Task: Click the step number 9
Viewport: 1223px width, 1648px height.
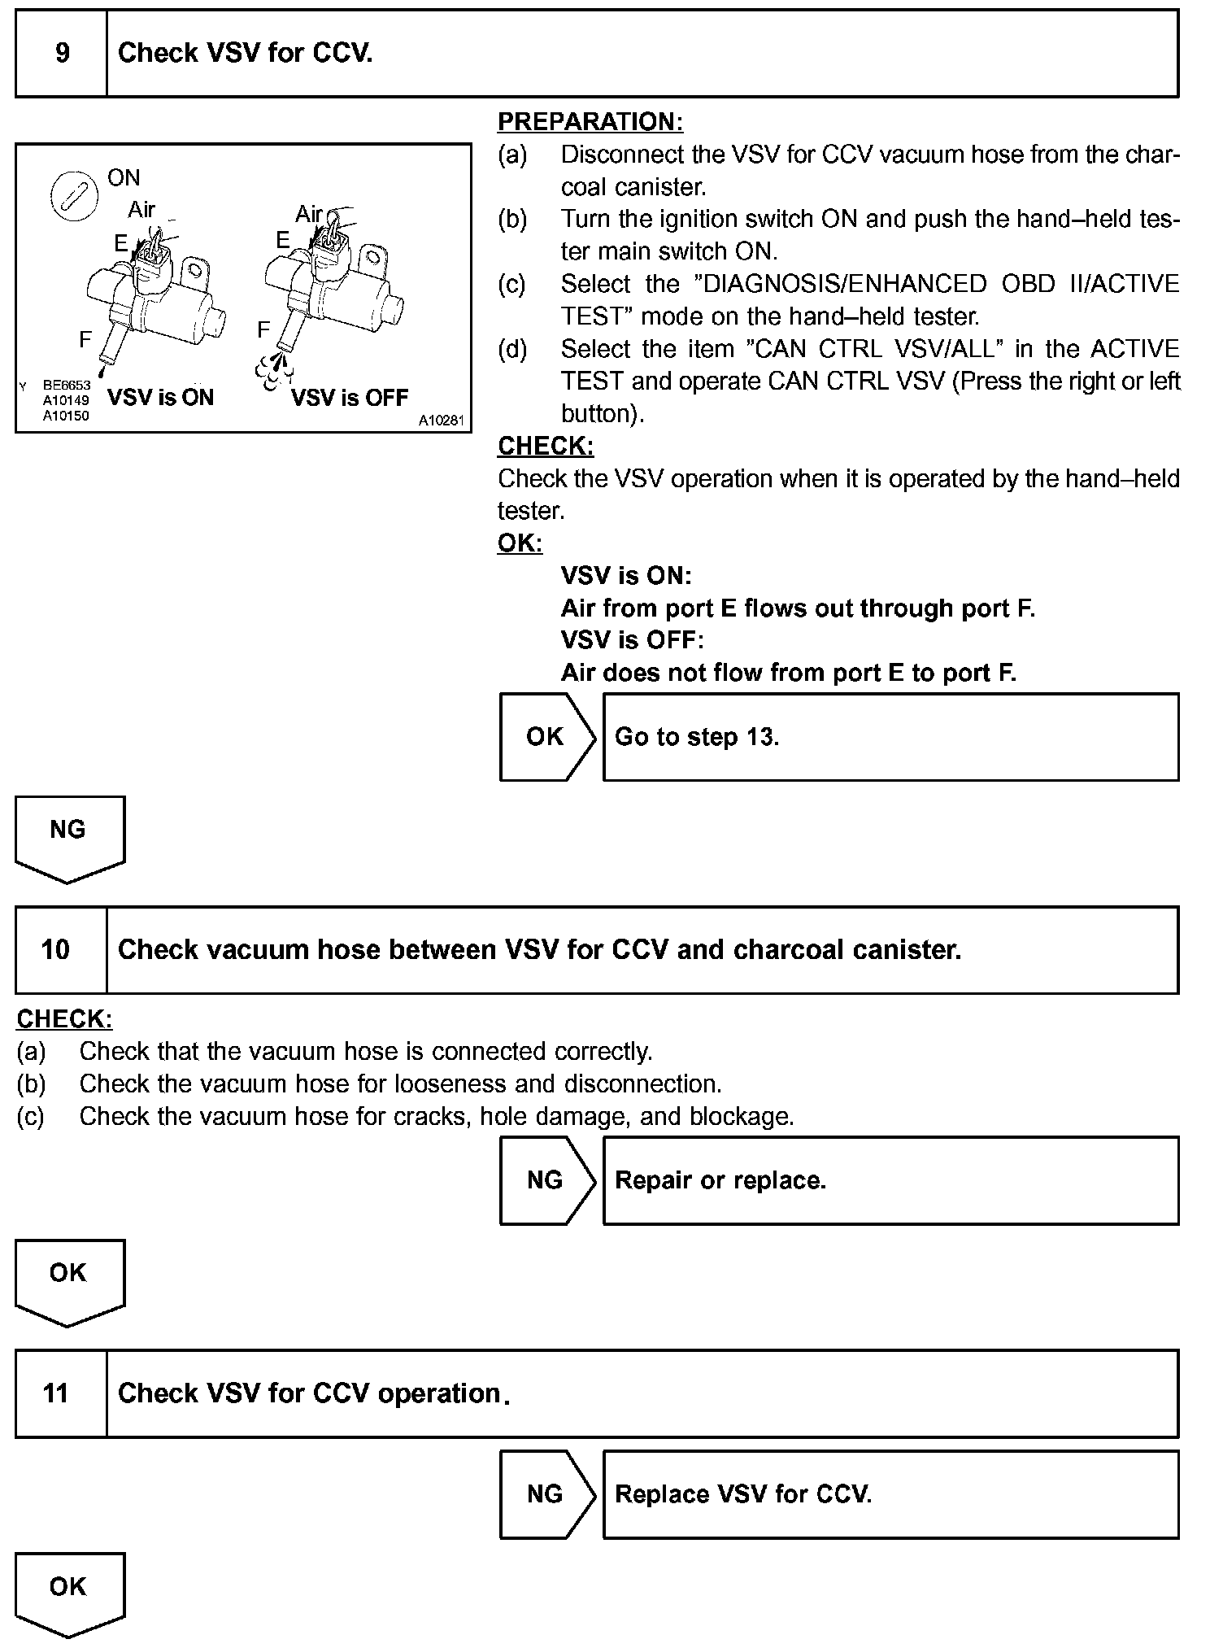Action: tap(62, 54)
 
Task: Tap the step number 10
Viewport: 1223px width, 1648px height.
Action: tap(56, 949)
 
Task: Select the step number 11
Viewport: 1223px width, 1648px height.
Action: tap(56, 1393)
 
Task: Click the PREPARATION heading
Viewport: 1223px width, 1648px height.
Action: tap(590, 122)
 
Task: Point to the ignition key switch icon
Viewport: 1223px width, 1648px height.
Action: tap(73, 198)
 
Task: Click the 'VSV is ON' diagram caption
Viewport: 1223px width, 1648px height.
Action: tap(160, 398)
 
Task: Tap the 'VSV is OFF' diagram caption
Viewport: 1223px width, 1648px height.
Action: tap(350, 398)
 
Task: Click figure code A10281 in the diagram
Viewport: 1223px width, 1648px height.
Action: tap(441, 421)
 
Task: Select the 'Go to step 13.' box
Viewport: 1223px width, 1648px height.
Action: tap(890, 737)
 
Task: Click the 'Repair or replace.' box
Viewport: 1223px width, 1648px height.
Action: tap(890, 1180)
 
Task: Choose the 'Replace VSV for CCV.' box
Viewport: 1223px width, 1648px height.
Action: tap(890, 1494)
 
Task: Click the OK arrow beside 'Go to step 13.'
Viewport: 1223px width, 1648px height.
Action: tap(546, 737)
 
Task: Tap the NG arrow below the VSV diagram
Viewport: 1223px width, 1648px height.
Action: tap(69, 837)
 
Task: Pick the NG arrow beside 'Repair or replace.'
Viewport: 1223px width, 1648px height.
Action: tap(546, 1180)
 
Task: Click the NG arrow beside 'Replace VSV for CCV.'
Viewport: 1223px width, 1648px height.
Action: tap(546, 1494)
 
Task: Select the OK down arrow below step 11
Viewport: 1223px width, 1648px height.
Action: tap(69, 1592)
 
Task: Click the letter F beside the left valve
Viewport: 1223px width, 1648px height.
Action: tap(85, 339)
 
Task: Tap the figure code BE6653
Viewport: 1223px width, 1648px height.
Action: tap(67, 386)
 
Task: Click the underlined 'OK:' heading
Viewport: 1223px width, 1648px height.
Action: tap(520, 543)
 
